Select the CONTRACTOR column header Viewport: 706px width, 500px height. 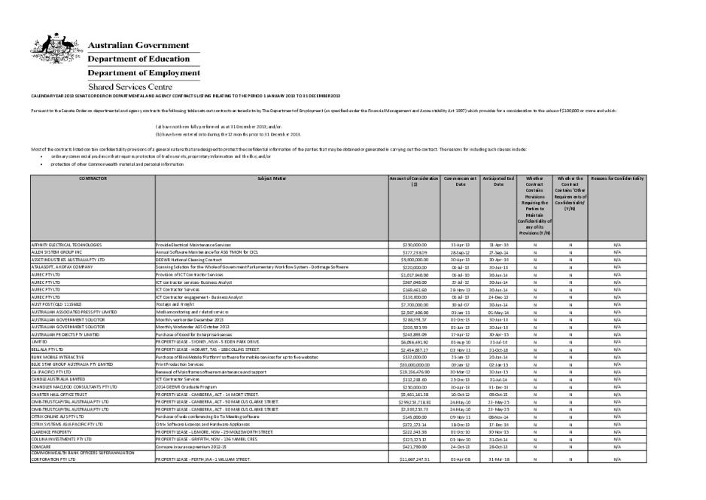tap(92, 178)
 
